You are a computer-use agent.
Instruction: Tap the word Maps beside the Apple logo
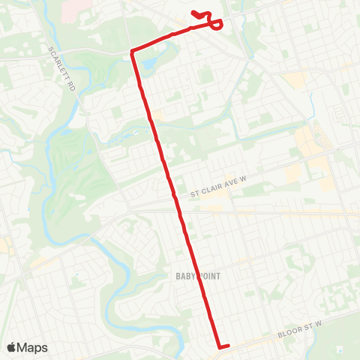coord(33,348)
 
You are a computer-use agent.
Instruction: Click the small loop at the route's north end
coord(215,25)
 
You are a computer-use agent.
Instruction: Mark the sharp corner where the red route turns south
coord(133,51)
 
